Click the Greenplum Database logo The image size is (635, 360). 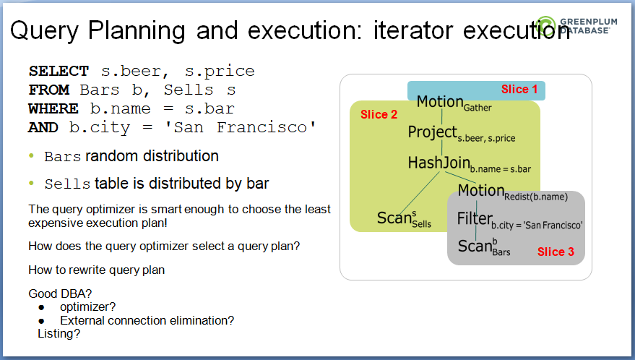[576, 27]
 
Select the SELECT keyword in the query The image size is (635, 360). [59, 72]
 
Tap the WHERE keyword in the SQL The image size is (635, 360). [53, 108]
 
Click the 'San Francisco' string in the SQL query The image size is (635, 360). [240, 127]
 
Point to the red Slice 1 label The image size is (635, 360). [519, 89]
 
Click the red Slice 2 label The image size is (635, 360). [379, 115]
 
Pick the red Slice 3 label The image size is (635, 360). [556, 252]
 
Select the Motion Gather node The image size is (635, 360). [454, 103]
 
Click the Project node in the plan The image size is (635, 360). [462, 134]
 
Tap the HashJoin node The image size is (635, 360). [469, 164]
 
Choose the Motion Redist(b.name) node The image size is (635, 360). [513, 192]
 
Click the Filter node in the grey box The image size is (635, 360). [519, 220]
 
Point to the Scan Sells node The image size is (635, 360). [404, 219]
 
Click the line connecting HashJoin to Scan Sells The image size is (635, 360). [420, 193]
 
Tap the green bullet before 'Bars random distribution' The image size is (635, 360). [32, 156]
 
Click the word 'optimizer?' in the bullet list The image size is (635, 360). [87, 307]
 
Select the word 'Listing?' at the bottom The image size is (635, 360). [59, 334]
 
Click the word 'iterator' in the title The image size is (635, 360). [413, 30]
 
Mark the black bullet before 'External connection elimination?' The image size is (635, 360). [41, 321]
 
